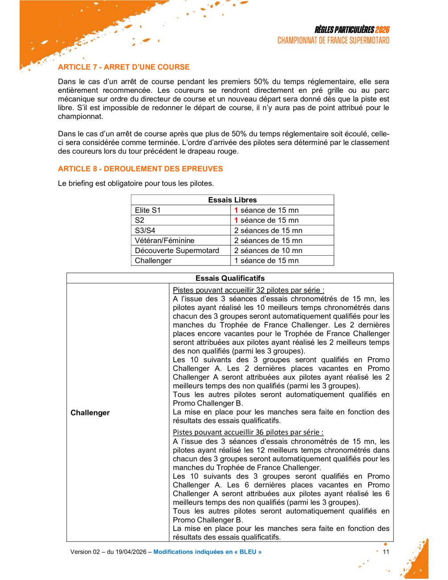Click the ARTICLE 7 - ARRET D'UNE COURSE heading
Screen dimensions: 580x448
tap(123, 67)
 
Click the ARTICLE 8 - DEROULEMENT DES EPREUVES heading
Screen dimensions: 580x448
tap(140, 169)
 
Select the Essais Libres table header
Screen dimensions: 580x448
tap(232, 200)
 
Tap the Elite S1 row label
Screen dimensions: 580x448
tap(148, 210)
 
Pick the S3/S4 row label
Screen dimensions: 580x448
tap(145, 231)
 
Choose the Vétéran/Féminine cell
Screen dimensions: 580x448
tap(164, 240)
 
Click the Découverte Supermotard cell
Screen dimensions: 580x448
tap(177, 251)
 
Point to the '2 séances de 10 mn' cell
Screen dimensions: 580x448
tap(268, 251)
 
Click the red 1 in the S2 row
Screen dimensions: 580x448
tap(236, 220)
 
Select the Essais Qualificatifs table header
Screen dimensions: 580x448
tap(230, 278)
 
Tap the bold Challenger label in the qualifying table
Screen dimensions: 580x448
tap(90, 413)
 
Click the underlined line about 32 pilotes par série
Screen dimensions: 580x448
tap(248, 290)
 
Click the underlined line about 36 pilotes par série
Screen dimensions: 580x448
tap(248, 432)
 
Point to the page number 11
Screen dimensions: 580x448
tap(386, 552)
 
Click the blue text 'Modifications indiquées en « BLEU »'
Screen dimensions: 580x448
tap(207, 552)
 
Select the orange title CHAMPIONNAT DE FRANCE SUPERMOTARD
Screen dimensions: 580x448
tap(333, 41)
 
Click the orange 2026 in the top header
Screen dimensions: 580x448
tap(382, 30)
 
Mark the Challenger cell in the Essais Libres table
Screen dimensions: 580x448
tap(153, 261)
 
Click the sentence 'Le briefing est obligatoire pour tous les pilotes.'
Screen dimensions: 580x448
tap(136, 183)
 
